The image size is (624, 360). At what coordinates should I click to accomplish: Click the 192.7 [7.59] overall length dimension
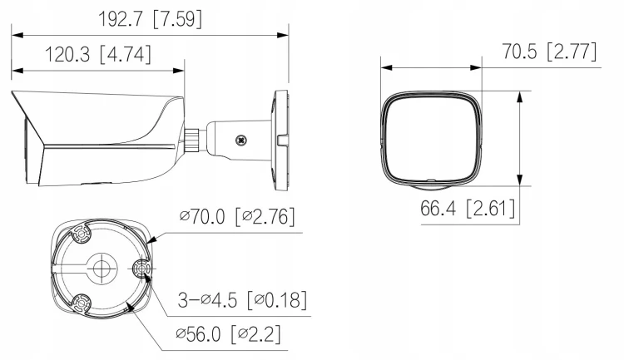click(x=150, y=18)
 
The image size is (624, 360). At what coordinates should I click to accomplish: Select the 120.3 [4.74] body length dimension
click(x=98, y=54)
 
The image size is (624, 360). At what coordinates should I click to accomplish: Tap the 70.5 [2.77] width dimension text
click(x=549, y=52)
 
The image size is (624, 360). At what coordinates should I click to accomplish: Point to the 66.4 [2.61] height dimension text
click(x=468, y=208)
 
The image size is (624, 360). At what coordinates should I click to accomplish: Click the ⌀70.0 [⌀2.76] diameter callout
click(x=237, y=216)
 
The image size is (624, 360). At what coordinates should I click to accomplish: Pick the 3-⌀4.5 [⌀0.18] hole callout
click(x=242, y=299)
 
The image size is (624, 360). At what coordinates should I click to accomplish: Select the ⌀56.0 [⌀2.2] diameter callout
click(x=228, y=333)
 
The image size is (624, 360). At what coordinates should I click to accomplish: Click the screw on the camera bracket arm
click(x=240, y=140)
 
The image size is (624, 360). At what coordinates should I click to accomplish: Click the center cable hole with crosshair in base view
click(x=102, y=268)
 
